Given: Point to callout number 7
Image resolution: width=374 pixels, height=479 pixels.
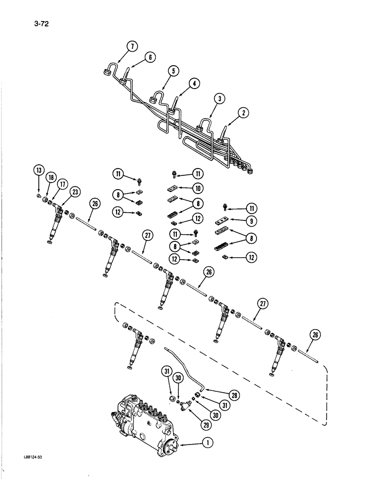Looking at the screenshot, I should (x=133, y=46).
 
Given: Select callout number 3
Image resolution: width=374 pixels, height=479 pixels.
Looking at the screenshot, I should (x=219, y=99).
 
